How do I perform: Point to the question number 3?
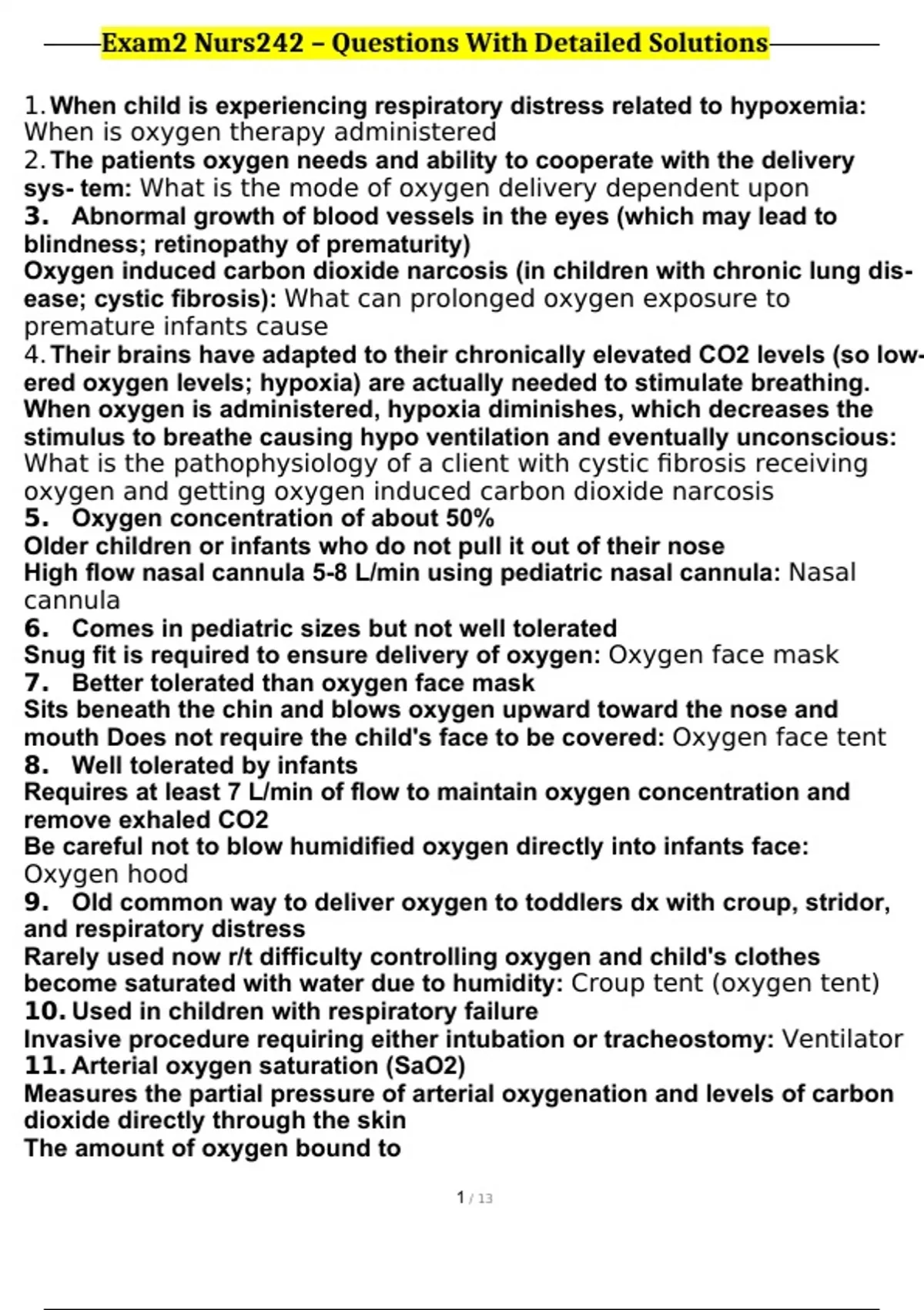[x=36, y=217]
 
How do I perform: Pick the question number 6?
[x=36, y=629]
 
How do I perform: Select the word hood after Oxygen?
[x=159, y=875]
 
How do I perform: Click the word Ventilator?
[x=842, y=1040]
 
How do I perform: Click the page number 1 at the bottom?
[x=460, y=1197]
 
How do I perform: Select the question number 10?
[x=45, y=1011]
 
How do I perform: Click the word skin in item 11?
[x=382, y=1120]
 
